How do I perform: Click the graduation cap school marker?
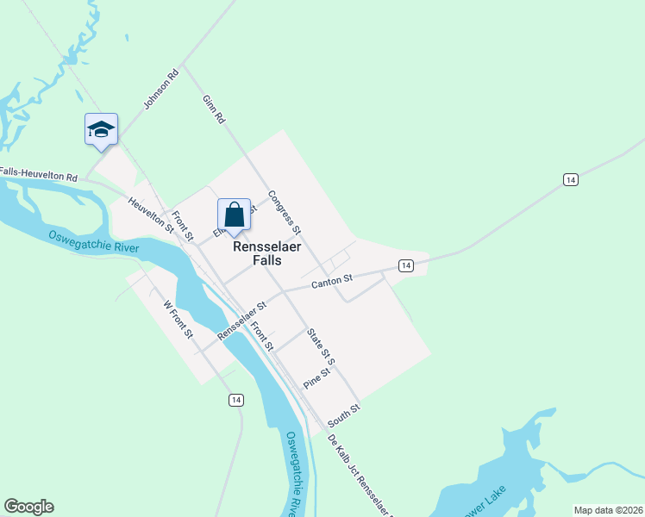point(101,130)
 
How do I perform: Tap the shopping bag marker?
point(234,214)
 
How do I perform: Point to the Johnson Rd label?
point(160,90)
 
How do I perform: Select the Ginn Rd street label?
point(213,109)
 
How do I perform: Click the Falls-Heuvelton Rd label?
point(39,175)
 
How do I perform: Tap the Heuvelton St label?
point(145,214)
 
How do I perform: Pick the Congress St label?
point(285,213)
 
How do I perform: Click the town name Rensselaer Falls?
point(269,252)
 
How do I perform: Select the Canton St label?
point(332,279)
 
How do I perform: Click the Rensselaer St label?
point(242,320)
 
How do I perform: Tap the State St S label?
point(320,344)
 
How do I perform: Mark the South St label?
point(342,414)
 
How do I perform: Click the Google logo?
point(28,507)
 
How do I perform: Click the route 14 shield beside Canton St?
point(404,265)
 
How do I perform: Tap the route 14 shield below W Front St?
point(235,400)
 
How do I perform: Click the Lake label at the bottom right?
point(492,500)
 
